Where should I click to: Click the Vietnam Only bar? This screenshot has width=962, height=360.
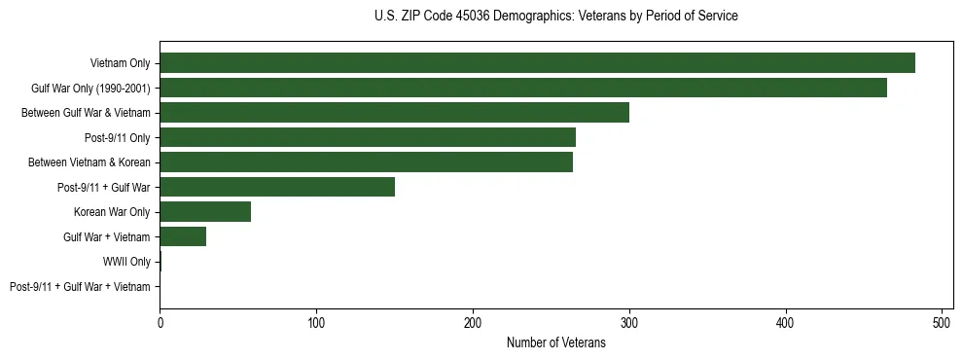[537, 63]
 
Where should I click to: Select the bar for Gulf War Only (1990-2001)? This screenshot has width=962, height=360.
[523, 88]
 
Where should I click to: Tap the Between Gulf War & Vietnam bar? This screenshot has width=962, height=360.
[394, 113]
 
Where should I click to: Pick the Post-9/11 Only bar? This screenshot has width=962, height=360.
[368, 137]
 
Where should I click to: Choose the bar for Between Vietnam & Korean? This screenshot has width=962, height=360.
[366, 162]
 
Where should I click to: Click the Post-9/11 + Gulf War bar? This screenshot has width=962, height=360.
[277, 187]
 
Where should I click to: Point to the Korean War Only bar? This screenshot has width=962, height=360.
[205, 212]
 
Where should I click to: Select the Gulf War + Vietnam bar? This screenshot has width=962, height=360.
[183, 236]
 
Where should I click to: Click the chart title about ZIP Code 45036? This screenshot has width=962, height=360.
[555, 17]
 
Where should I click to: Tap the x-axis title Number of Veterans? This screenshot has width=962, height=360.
[555, 342]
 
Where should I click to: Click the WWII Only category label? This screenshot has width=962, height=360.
[126, 262]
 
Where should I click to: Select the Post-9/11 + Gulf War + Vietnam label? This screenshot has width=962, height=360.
[80, 287]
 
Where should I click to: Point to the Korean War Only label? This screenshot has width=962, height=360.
[112, 212]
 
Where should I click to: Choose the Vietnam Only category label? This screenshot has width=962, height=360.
[120, 63]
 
